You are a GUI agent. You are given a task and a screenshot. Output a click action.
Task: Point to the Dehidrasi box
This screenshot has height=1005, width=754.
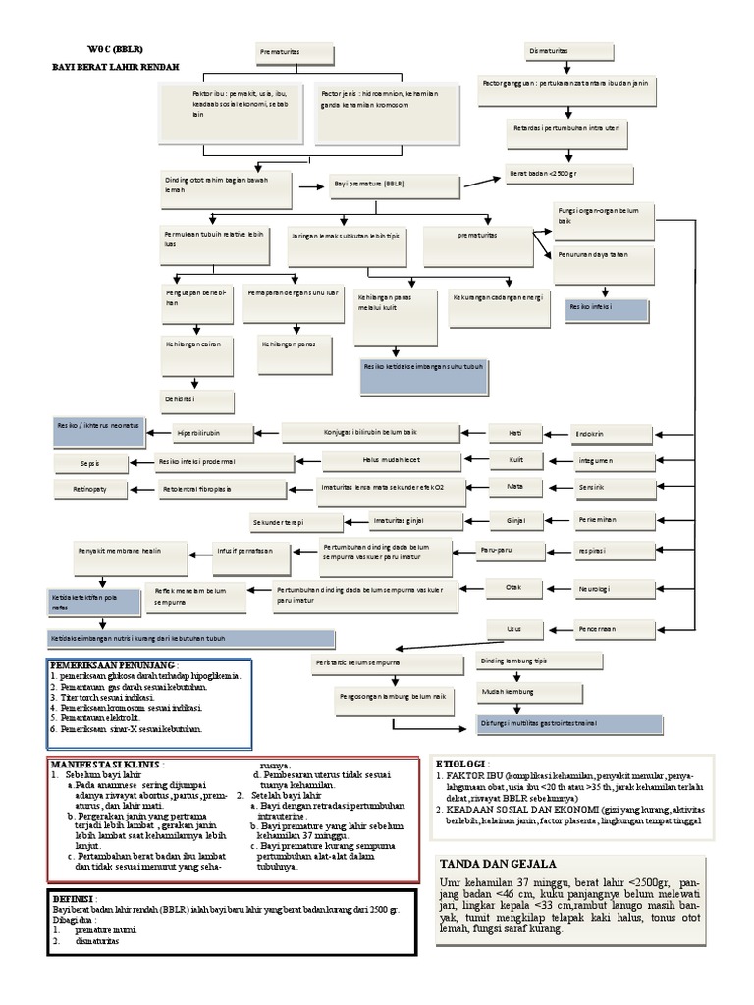[197, 400]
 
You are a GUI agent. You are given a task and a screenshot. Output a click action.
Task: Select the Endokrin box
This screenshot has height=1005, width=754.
[612, 433]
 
